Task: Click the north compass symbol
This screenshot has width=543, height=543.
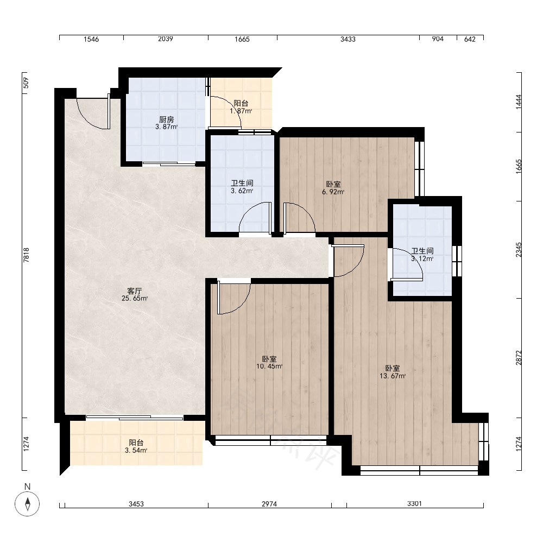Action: tap(27, 503)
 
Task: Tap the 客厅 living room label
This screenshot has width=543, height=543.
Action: tap(134, 291)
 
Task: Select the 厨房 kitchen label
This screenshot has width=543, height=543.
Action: tap(166, 119)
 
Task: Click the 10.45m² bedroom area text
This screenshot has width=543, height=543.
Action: tap(269, 367)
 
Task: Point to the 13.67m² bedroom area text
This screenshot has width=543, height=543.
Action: tap(393, 376)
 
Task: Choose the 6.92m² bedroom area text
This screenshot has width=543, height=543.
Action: tap(333, 192)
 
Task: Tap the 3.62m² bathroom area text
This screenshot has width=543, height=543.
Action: tap(242, 191)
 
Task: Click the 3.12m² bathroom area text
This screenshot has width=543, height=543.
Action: tap(422, 258)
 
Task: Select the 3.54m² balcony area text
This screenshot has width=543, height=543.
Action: tap(136, 450)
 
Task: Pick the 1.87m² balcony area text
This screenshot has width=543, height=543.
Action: tap(241, 111)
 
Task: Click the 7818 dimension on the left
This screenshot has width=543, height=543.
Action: tap(26, 255)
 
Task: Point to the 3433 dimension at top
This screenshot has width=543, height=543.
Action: tap(348, 39)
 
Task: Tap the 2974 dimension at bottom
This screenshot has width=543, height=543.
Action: tap(269, 504)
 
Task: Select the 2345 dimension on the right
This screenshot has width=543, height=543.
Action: tap(519, 250)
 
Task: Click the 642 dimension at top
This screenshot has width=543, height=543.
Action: tap(470, 39)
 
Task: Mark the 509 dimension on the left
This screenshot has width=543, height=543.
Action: tap(26, 83)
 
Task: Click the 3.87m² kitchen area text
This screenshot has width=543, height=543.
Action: tap(166, 127)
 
